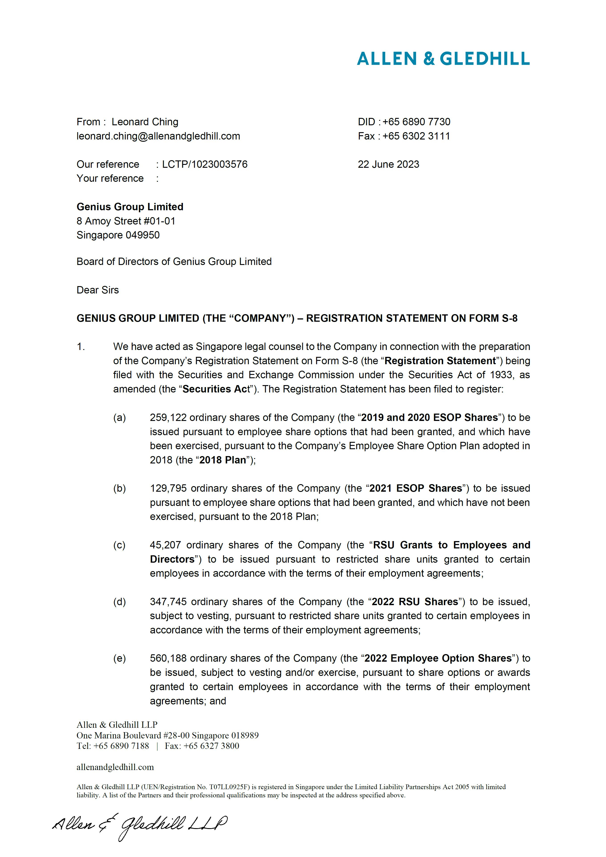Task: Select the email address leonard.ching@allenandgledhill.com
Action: (158, 136)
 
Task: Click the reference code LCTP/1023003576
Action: (204, 165)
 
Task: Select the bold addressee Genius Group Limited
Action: (130, 207)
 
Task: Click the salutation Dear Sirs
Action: (97, 290)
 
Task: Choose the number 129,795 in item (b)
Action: (168, 489)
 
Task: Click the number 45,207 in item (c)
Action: (165, 545)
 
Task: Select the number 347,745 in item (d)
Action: (168, 602)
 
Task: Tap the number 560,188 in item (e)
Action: (168, 658)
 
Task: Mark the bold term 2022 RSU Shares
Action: (415, 602)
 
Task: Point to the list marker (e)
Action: (119, 658)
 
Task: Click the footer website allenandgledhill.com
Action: (115, 767)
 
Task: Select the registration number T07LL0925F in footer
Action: (229, 787)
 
